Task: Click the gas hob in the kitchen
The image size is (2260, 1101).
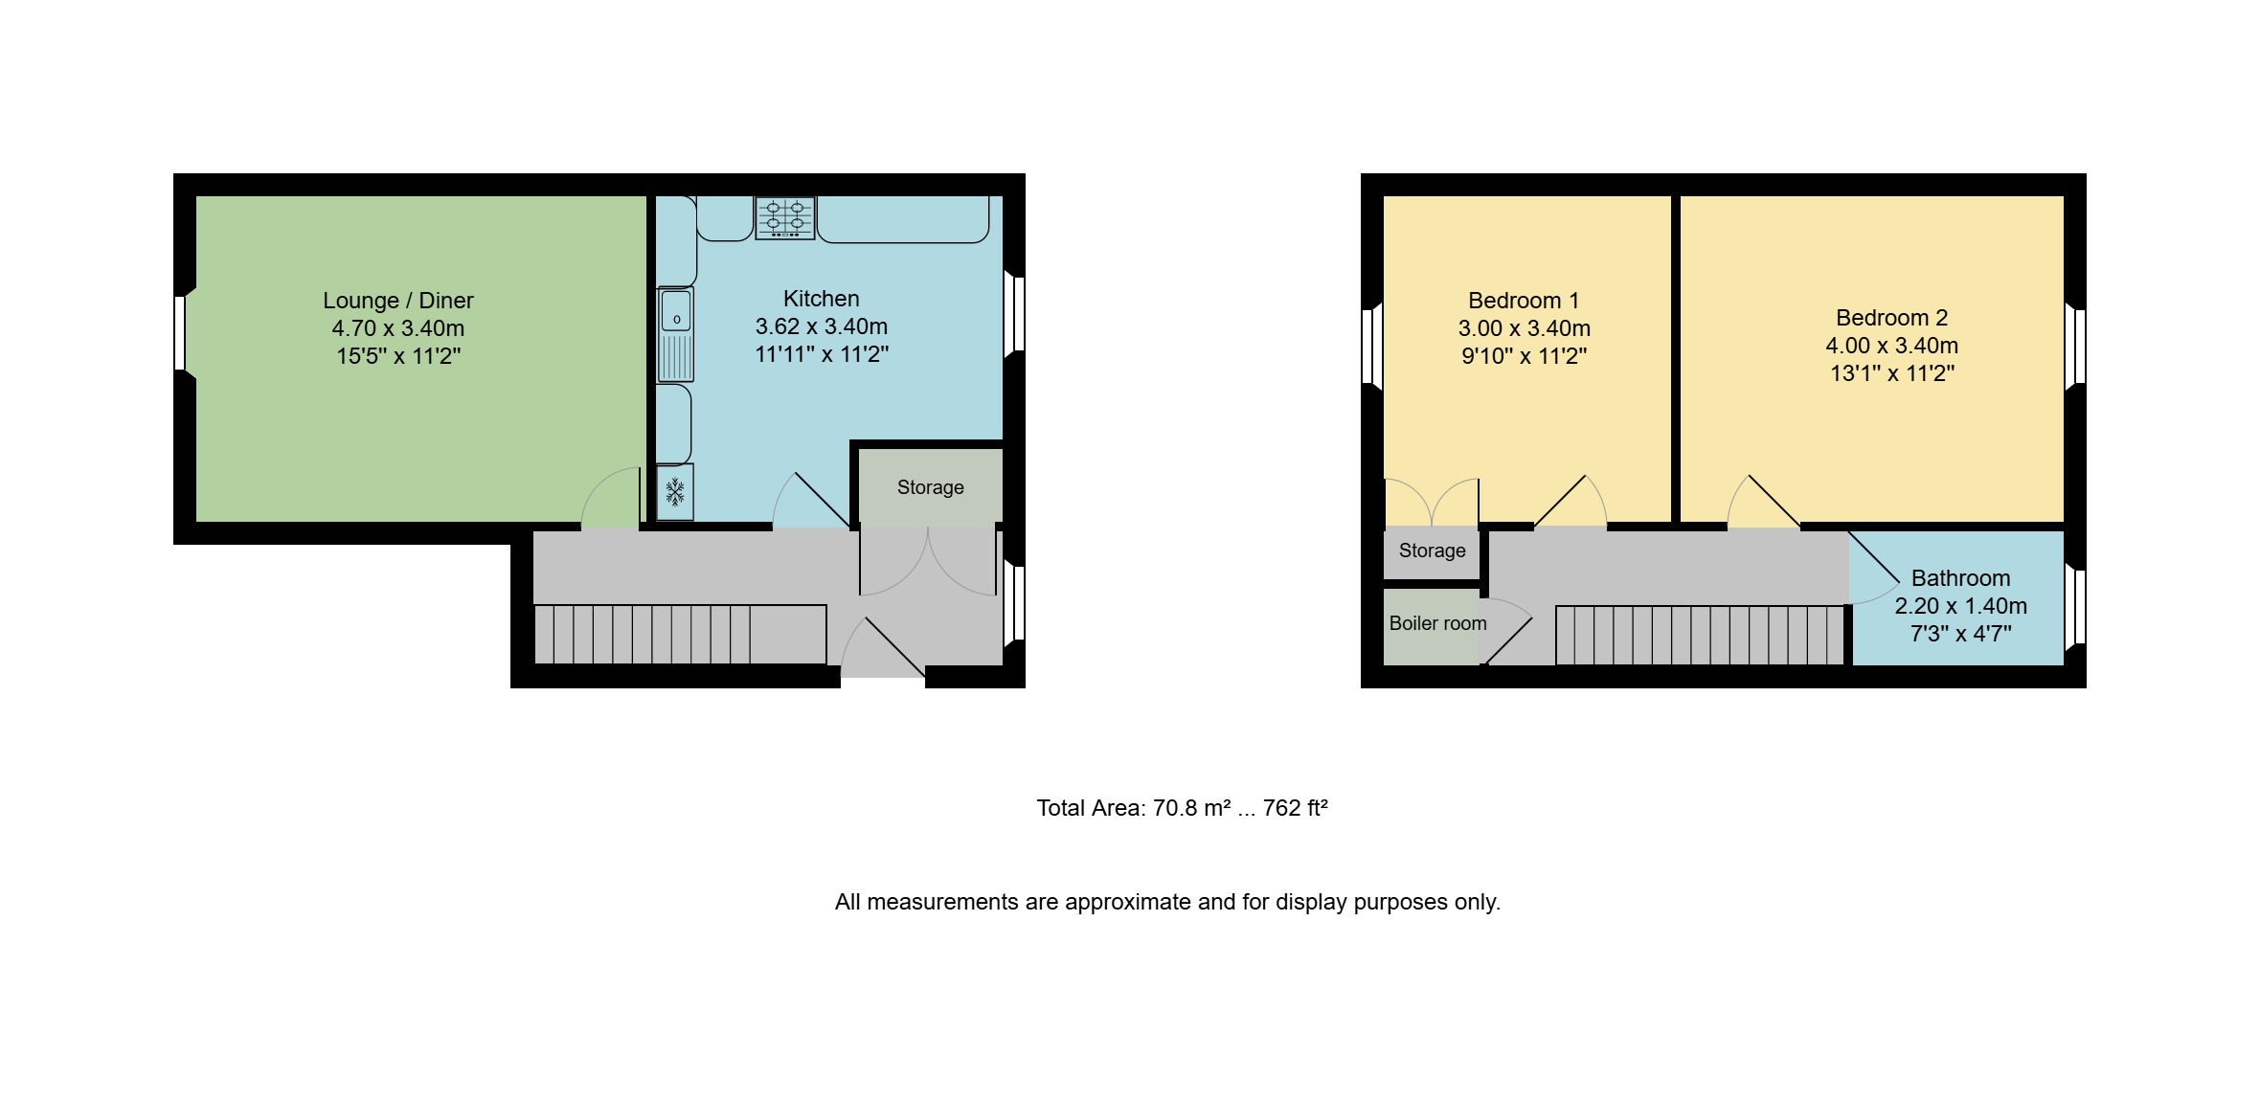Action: coord(784,217)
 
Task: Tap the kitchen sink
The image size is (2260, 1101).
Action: coord(675,334)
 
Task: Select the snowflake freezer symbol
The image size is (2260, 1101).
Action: coord(675,492)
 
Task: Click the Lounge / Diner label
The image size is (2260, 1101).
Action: coord(398,301)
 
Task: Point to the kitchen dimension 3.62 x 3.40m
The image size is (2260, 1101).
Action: coord(822,326)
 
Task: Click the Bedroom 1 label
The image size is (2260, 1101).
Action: coord(1524,301)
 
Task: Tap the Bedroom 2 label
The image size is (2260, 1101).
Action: coord(1891,318)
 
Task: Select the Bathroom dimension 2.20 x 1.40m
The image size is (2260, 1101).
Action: coord(1960,606)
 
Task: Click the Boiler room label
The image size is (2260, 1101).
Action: coord(1437,623)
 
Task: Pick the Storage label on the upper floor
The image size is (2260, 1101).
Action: coord(1432,550)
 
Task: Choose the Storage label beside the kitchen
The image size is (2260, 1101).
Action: coord(930,487)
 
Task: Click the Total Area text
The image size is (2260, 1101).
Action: coord(1182,808)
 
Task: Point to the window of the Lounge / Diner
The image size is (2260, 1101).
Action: coord(180,333)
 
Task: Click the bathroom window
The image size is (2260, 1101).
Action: coord(2075,606)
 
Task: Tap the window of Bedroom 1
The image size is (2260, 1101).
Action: coord(1371,347)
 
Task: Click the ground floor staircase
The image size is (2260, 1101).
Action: coord(680,635)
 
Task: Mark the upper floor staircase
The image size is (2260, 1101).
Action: coord(1701,635)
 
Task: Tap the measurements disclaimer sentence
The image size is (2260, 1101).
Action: coord(1167,902)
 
